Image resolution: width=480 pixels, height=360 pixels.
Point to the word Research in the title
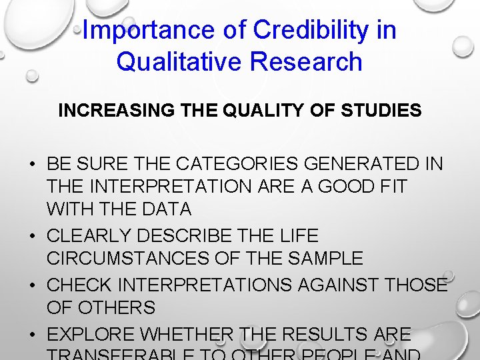coord(307,61)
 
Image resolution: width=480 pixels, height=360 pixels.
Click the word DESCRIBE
coord(194,236)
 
